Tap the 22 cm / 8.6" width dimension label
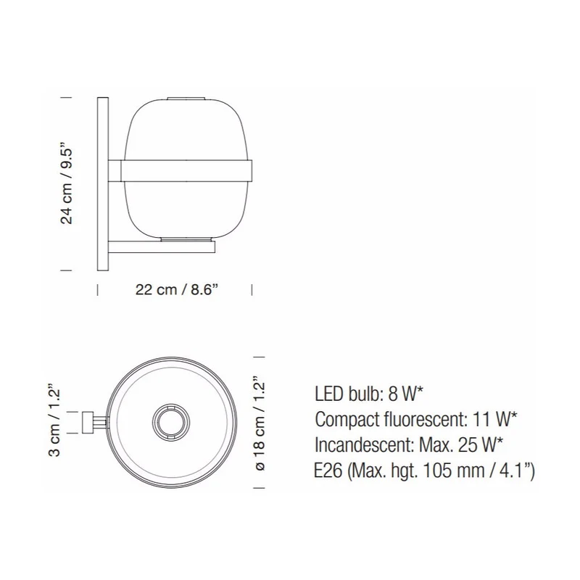175,289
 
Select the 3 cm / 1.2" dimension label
54,422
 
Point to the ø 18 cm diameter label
260,423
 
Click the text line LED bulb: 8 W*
368,394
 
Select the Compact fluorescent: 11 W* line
415,420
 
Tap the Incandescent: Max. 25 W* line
409,445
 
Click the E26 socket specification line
424,471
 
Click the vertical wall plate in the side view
103,184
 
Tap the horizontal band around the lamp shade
187,170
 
